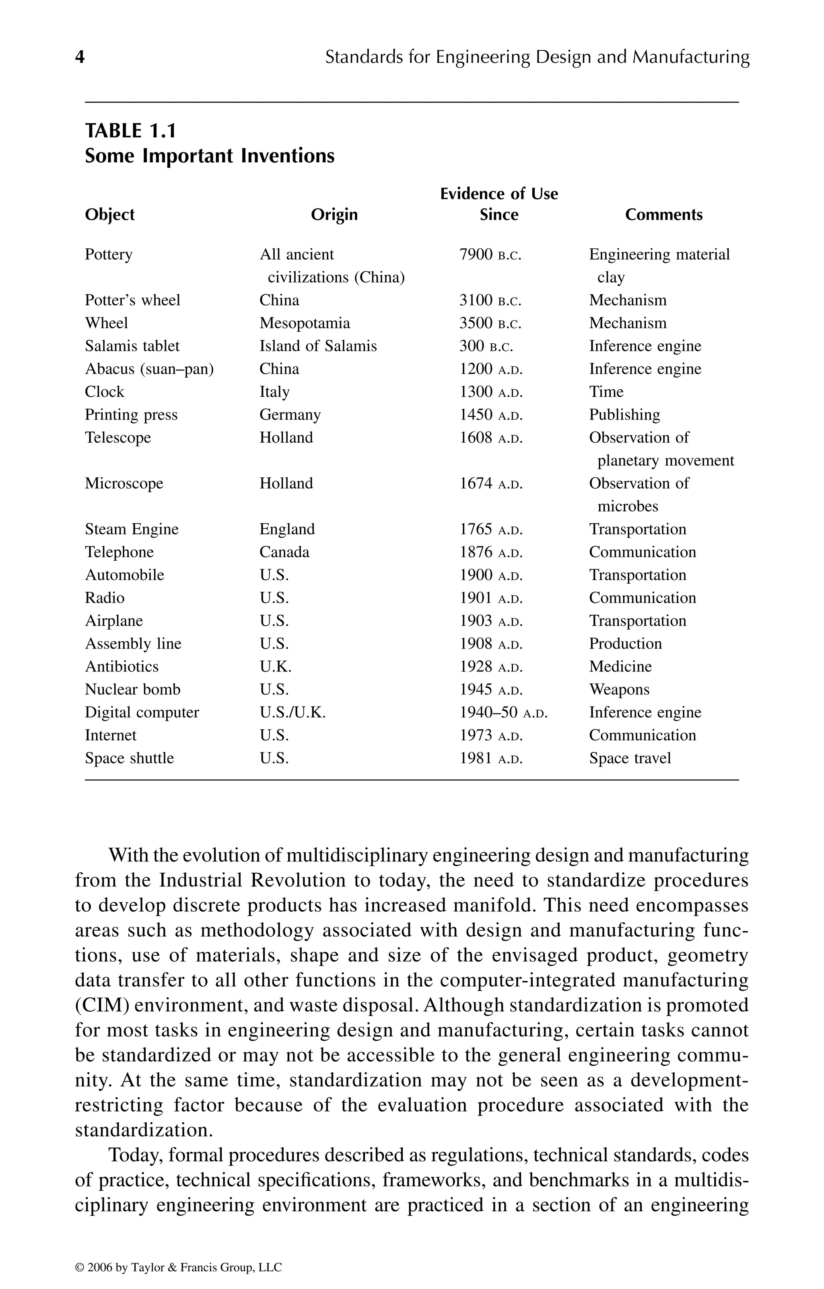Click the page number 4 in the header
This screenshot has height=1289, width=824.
80,57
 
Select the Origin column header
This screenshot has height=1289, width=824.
334,215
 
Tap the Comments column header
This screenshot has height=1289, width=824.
663,215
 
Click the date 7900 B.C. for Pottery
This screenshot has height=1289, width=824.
490,255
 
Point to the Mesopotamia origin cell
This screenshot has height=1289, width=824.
305,323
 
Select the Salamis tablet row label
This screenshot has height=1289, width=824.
132,346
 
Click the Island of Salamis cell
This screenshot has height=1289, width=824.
318,346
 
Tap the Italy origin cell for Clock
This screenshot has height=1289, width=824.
274,392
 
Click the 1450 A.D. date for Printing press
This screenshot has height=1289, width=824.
490,415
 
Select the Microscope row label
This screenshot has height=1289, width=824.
124,483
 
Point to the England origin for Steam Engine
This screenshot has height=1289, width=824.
287,529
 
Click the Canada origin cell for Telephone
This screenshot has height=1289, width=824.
284,552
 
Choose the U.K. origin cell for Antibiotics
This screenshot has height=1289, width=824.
275,667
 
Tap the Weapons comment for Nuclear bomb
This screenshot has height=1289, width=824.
619,690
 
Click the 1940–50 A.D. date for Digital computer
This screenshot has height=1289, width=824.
503,713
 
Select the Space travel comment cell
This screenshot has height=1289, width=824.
630,758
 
